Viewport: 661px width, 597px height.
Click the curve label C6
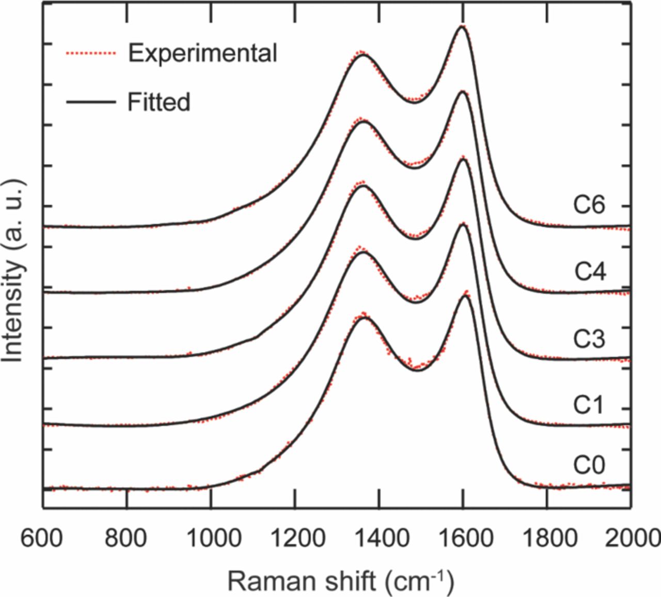coord(589,206)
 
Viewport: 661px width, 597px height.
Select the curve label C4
coord(589,272)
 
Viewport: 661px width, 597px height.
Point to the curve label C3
coord(589,339)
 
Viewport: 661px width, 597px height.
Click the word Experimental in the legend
coord(202,53)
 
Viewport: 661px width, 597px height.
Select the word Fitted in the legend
coord(159,102)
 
